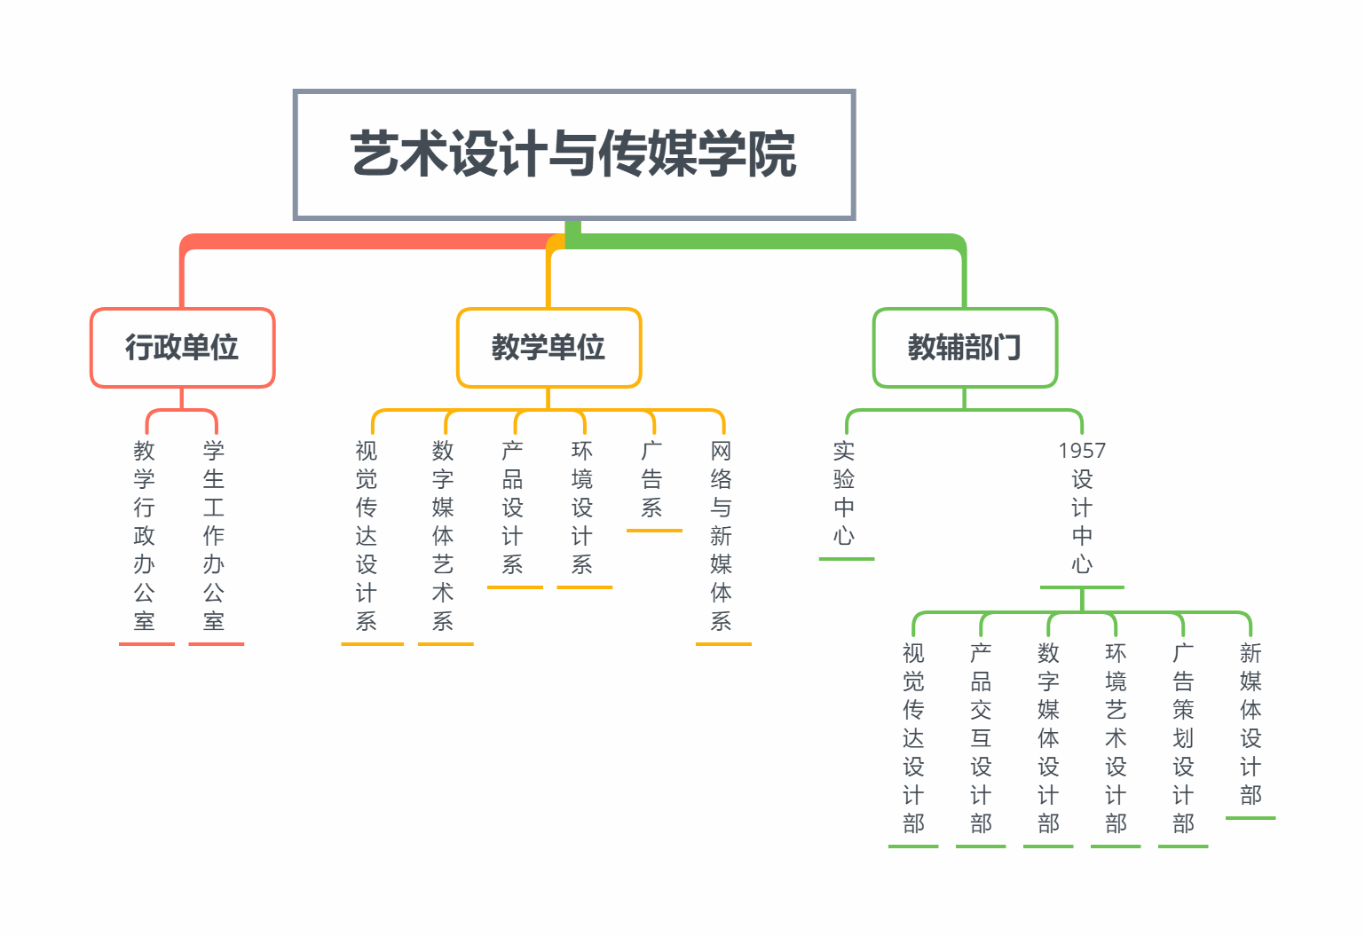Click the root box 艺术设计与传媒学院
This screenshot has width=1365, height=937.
click(x=573, y=154)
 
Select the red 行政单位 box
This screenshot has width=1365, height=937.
click(x=182, y=347)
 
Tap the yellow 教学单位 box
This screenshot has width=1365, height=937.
click(x=548, y=347)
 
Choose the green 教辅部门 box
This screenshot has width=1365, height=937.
click(x=965, y=347)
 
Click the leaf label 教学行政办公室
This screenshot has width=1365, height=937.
click(x=145, y=536)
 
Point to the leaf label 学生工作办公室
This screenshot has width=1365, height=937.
click(x=214, y=536)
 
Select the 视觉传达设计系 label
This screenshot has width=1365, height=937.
click(x=367, y=536)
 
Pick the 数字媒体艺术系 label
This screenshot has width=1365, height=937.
click(x=443, y=536)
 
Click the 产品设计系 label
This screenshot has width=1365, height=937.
click(x=513, y=508)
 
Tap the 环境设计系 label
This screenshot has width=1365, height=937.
click(x=582, y=508)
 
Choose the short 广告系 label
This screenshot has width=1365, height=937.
click(x=652, y=479)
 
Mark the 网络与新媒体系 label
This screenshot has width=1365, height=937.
click(x=722, y=536)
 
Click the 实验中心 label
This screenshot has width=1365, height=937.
click(x=844, y=493)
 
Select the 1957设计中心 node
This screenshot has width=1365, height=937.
click(x=1082, y=508)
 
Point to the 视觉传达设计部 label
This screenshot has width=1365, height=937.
click(x=913, y=738)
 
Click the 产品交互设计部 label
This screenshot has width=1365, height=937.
click(x=981, y=738)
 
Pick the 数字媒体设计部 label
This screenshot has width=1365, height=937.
click(x=1048, y=738)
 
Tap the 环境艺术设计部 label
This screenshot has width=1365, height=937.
click(x=1116, y=738)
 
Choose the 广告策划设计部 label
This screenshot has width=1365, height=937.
click(x=1183, y=738)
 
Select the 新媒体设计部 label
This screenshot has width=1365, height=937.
click(x=1251, y=724)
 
